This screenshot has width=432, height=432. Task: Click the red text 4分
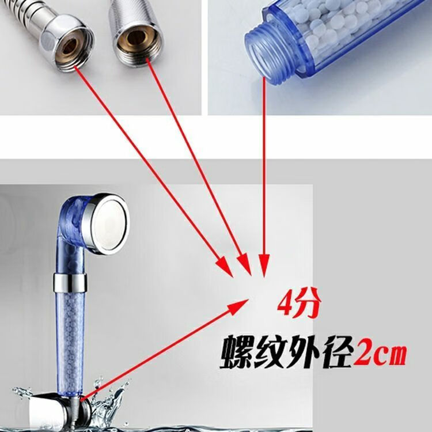[299, 304]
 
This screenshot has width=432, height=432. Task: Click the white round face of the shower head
[108, 224]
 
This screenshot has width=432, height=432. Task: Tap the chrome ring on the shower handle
[70, 283]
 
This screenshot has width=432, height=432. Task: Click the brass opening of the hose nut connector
[70, 46]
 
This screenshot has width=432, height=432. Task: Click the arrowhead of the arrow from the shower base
[238, 307]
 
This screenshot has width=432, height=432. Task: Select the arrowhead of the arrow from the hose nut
[225, 266]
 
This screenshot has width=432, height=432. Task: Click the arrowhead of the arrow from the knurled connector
[244, 264]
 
